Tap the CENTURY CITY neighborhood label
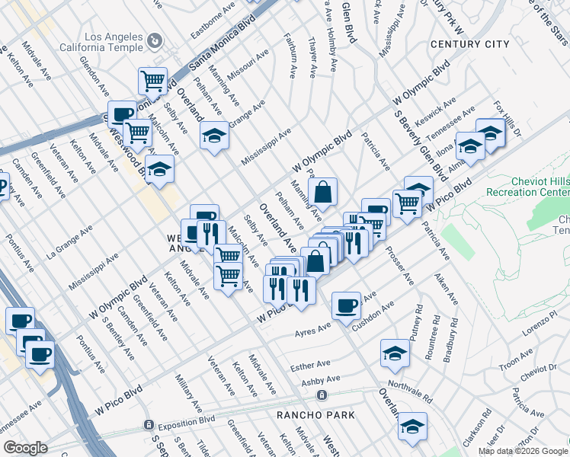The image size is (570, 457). [469, 44]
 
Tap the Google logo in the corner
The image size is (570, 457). [26, 448]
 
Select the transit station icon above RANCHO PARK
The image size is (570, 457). [323, 395]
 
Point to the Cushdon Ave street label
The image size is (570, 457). [373, 315]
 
